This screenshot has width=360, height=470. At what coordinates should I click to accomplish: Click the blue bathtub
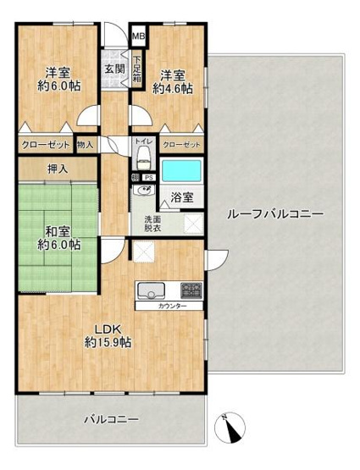coord(180,172)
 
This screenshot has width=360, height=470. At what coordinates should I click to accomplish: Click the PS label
coord(148,177)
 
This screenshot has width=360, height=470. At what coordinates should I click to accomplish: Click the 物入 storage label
coord(86,145)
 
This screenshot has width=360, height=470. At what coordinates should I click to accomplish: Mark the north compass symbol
coord(230,428)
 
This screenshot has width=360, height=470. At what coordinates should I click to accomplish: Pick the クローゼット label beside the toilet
coord(181,145)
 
